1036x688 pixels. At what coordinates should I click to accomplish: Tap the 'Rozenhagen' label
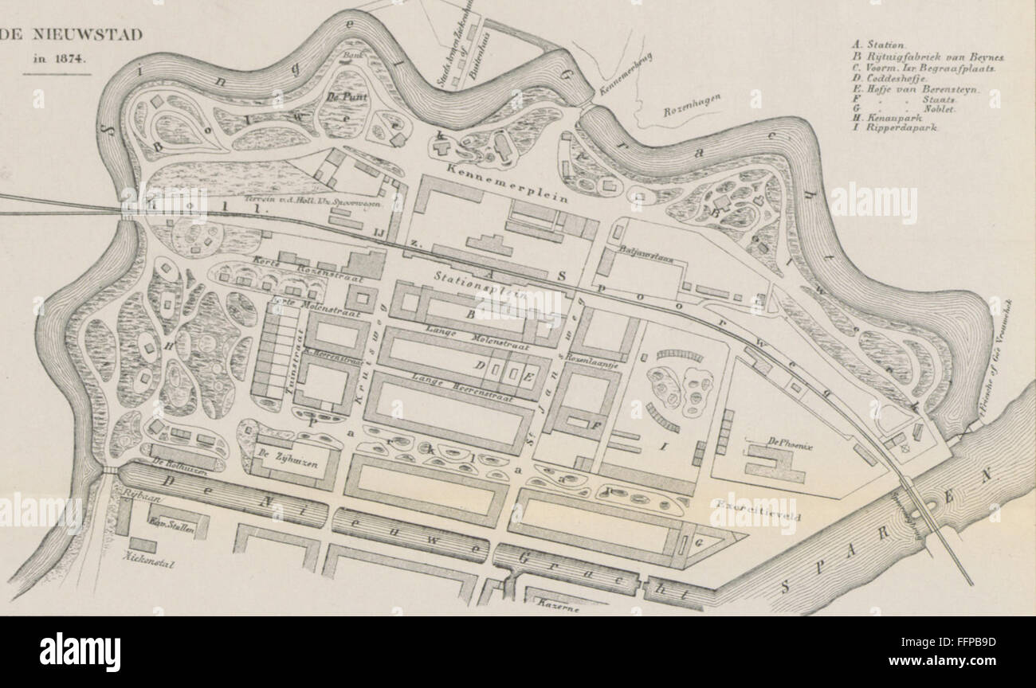coord(692,104)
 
